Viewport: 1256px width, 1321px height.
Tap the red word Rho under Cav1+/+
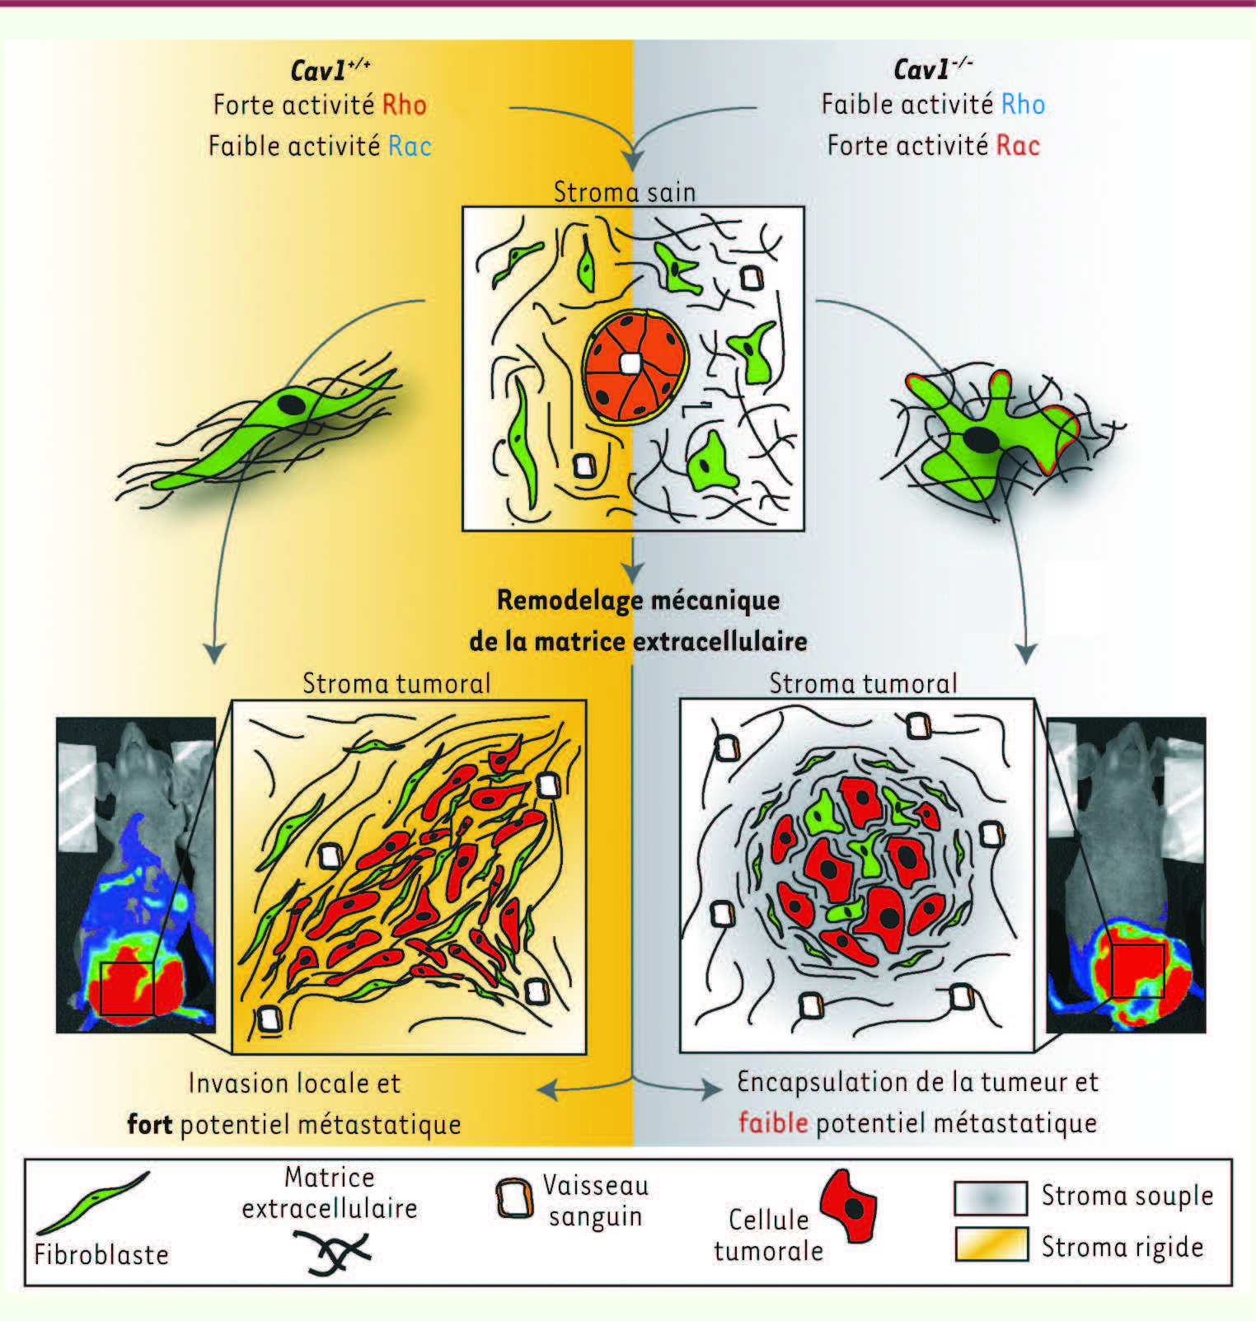[x=405, y=105]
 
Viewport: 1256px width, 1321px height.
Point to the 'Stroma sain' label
[x=625, y=192]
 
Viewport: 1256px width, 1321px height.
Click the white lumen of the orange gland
[x=631, y=363]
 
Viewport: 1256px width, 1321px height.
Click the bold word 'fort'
[x=150, y=1123]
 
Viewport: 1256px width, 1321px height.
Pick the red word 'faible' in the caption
[x=773, y=1122]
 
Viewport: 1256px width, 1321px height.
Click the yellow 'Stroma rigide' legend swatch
[x=991, y=1244]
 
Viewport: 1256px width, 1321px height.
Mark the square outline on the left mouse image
[x=127, y=988]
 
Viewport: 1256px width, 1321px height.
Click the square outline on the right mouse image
[x=1137, y=971]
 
